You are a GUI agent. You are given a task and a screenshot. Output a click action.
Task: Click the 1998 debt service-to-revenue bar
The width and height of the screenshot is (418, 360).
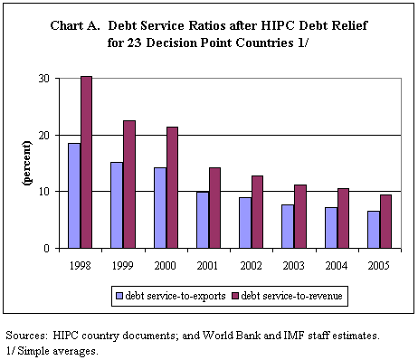86,162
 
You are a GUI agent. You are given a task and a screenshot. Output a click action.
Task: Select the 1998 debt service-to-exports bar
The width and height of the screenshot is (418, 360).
74,195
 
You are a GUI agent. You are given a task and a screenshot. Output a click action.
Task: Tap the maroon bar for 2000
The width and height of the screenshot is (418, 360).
172,187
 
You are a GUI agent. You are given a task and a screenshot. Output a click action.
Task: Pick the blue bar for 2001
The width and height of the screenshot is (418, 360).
203,220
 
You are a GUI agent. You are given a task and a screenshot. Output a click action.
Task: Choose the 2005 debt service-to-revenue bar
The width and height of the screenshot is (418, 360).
385,222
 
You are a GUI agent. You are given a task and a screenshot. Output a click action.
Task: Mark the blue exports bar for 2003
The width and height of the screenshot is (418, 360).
288,226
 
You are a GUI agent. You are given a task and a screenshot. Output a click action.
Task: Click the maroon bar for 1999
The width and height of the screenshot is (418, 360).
129,185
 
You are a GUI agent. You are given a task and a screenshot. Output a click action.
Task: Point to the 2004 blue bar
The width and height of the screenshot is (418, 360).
331,228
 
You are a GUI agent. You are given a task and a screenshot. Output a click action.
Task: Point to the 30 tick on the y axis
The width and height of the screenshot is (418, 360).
43,79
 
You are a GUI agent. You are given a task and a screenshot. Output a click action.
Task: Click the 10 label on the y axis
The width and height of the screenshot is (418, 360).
43,192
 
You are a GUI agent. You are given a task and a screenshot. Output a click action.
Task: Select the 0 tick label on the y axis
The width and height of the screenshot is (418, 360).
46,248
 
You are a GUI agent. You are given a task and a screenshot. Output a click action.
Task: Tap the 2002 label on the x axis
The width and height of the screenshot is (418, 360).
251,266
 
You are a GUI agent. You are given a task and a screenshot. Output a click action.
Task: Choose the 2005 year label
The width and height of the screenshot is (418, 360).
379,266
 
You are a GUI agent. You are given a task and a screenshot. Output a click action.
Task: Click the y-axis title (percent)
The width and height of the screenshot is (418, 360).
27,163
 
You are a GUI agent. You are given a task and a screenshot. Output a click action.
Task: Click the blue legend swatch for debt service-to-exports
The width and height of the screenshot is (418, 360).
119,296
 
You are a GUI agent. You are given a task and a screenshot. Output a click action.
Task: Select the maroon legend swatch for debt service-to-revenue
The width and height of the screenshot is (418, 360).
235,296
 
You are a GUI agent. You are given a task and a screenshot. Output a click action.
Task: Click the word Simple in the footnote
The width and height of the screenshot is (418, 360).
33,351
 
